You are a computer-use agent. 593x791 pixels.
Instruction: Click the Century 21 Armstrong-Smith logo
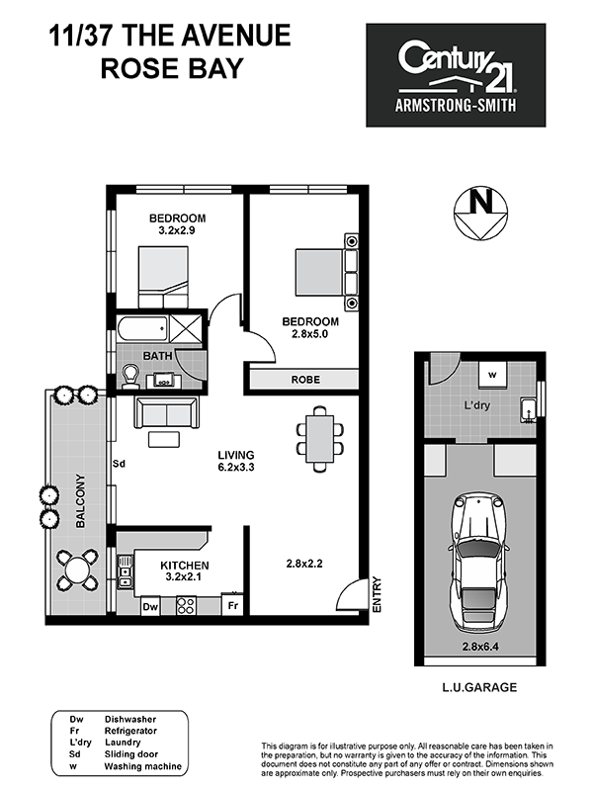(456, 75)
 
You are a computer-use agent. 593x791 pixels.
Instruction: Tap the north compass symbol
(480, 213)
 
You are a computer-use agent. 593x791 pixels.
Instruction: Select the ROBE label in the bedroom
(305, 380)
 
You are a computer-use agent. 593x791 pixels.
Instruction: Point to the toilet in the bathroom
(131, 376)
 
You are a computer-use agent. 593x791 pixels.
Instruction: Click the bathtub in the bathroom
(142, 328)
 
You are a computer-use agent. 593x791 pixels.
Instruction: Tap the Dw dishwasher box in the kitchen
(150, 606)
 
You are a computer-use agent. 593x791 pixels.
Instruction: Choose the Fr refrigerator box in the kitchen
(232, 605)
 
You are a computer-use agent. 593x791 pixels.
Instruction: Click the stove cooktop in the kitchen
(186, 605)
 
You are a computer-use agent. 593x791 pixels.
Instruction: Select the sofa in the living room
(166, 412)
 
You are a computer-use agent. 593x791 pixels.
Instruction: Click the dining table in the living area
(319, 439)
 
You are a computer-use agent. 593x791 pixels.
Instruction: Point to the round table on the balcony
(76, 571)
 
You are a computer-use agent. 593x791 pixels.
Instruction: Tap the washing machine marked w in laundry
(492, 375)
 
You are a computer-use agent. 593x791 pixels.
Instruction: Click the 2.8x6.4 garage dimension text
(480, 647)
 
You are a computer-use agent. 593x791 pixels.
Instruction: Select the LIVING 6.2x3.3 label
(236, 461)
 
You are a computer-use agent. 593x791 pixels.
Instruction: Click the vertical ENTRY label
(378, 595)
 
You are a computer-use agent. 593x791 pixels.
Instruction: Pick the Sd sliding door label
(119, 463)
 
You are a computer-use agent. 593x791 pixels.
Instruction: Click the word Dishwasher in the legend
(130, 720)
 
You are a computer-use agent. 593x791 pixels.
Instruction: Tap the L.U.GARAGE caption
(479, 687)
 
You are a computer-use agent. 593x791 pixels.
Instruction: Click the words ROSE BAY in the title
(172, 68)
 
